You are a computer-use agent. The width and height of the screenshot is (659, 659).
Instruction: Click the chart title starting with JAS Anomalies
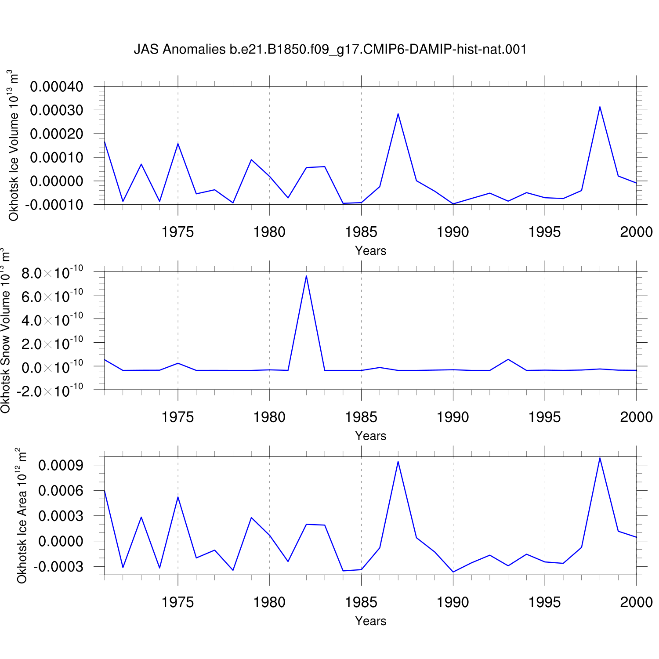(x=330, y=49)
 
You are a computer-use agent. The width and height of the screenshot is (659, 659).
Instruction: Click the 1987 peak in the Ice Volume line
(x=398, y=114)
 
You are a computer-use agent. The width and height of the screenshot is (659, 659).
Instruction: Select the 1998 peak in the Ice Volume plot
(x=600, y=107)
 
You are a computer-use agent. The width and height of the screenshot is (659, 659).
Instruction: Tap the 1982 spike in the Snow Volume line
(x=306, y=275)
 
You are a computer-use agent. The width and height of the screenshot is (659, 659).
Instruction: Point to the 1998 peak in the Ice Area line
(x=600, y=458)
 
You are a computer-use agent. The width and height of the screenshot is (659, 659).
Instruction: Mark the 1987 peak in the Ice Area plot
(x=398, y=461)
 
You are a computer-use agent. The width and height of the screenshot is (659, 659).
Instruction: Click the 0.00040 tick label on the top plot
(x=57, y=87)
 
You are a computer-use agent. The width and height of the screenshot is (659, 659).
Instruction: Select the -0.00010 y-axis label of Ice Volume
(x=54, y=205)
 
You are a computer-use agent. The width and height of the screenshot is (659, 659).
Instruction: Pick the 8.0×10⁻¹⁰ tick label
(x=52, y=273)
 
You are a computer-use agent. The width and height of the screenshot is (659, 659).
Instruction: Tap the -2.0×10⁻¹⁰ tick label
(x=49, y=391)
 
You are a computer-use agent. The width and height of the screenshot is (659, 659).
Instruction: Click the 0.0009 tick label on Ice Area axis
(x=61, y=465)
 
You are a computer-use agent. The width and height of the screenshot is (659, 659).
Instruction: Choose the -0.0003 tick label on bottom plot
(x=58, y=567)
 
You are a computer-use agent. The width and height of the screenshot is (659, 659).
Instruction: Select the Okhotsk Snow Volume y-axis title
(x=5, y=330)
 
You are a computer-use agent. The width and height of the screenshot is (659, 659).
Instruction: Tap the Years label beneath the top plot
(x=371, y=251)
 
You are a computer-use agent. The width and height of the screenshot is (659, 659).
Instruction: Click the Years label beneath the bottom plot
(x=371, y=621)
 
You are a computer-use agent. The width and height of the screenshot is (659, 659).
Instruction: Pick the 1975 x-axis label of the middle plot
(x=177, y=417)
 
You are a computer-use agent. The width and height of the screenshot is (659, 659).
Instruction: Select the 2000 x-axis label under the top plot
(x=637, y=232)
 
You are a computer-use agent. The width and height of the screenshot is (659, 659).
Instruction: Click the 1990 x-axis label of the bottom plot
(x=453, y=602)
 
